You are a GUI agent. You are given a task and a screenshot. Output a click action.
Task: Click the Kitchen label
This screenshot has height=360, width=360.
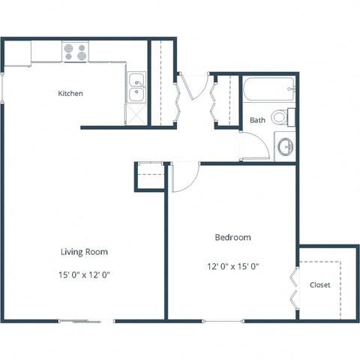(70, 94)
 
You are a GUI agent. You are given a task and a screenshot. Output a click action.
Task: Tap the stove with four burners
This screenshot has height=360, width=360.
(74, 52)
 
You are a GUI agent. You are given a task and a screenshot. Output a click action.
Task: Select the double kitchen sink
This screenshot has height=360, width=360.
(136, 88)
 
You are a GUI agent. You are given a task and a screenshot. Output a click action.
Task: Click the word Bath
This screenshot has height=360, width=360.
(257, 120)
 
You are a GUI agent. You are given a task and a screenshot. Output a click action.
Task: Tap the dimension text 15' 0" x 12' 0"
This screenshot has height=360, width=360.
(85, 274)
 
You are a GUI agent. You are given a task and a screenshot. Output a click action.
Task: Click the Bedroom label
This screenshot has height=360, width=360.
(232, 238)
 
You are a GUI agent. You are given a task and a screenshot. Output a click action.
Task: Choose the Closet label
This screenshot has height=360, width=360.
(319, 285)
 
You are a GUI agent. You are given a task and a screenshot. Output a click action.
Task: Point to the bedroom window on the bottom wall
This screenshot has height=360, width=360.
(223, 321)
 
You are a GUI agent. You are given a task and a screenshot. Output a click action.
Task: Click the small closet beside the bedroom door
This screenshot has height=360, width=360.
(150, 177)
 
